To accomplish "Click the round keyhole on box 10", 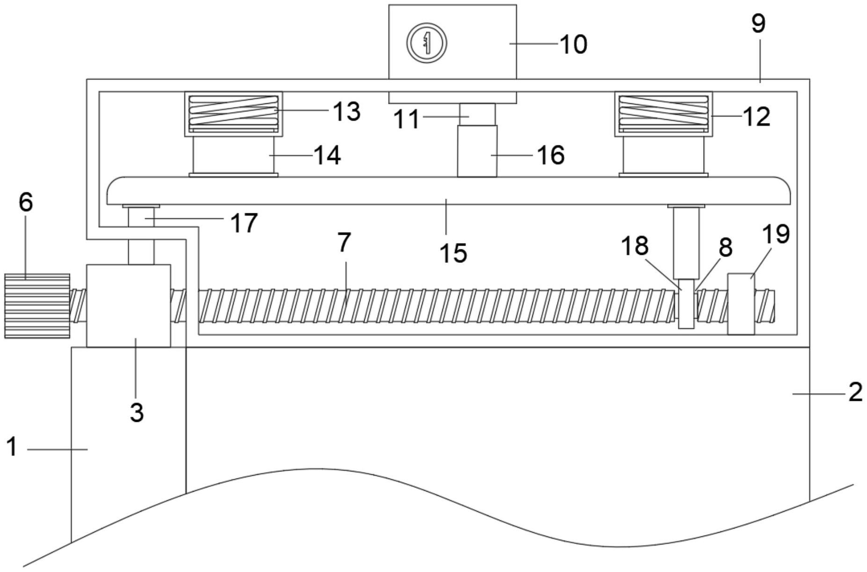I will click(426, 43).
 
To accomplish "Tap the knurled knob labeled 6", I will click(37, 306).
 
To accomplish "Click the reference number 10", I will click(573, 44).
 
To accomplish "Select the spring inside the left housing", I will click(233, 112).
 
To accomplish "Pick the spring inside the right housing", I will click(663, 112).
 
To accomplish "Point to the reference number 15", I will click(453, 253).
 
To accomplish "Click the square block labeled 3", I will click(128, 306).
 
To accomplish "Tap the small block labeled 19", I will click(741, 304).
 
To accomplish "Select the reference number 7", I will click(344, 242).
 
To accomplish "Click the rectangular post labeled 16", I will click(477, 151).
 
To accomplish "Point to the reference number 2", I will click(855, 392).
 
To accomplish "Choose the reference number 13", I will click(346, 111).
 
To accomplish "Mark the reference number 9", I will click(758, 23).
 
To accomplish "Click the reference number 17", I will click(244, 223).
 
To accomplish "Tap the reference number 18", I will click(634, 245).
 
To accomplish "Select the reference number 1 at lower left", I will click(12, 446).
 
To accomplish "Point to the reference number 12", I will click(756, 116).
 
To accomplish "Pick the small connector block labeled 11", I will click(477, 114).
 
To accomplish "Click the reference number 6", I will click(26, 202).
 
